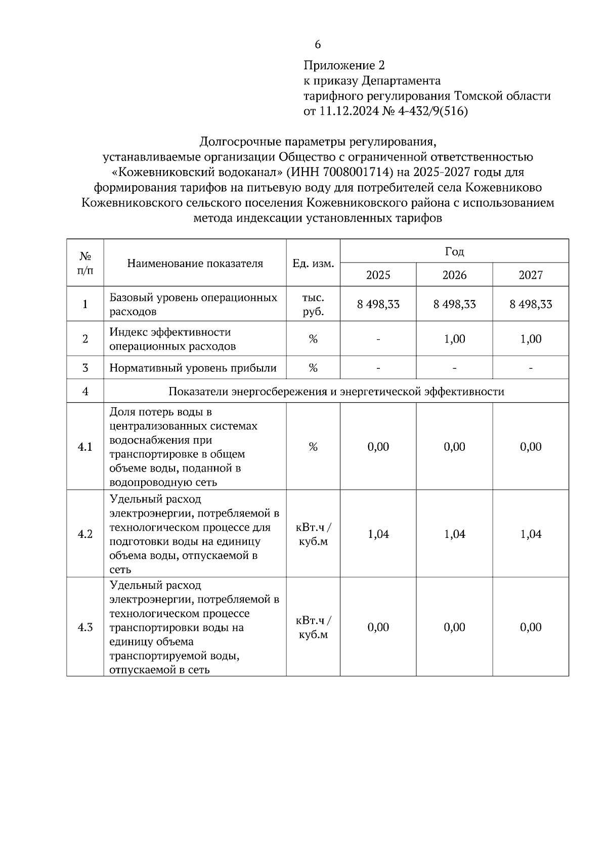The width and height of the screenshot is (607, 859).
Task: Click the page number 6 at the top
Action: tap(318, 45)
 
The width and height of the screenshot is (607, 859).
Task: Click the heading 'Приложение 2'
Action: tap(344, 66)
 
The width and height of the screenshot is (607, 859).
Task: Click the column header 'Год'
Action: tap(454, 251)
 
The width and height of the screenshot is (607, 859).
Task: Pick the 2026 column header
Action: tap(454, 275)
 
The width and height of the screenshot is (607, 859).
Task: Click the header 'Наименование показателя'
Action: tap(195, 264)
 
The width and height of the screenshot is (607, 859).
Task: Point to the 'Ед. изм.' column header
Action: tap(313, 264)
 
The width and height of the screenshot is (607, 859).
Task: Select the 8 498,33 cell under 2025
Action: tap(378, 305)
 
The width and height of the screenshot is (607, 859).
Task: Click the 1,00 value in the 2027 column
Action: tap(531, 339)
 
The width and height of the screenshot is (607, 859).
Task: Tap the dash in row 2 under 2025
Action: tap(378, 339)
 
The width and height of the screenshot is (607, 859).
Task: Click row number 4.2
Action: tap(85, 534)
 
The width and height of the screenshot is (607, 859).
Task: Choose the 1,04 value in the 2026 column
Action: tap(454, 534)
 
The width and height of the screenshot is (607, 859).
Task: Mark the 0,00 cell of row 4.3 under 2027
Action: tap(531, 627)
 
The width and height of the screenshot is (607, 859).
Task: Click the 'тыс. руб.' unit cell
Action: tap(313, 305)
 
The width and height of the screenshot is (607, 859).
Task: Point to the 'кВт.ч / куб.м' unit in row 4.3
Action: tap(313, 627)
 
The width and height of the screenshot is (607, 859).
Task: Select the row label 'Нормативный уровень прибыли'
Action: tap(193, 368)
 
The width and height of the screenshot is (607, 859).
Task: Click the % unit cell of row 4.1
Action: tap(313, 447)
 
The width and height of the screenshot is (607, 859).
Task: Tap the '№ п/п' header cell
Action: tap(85, 264)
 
